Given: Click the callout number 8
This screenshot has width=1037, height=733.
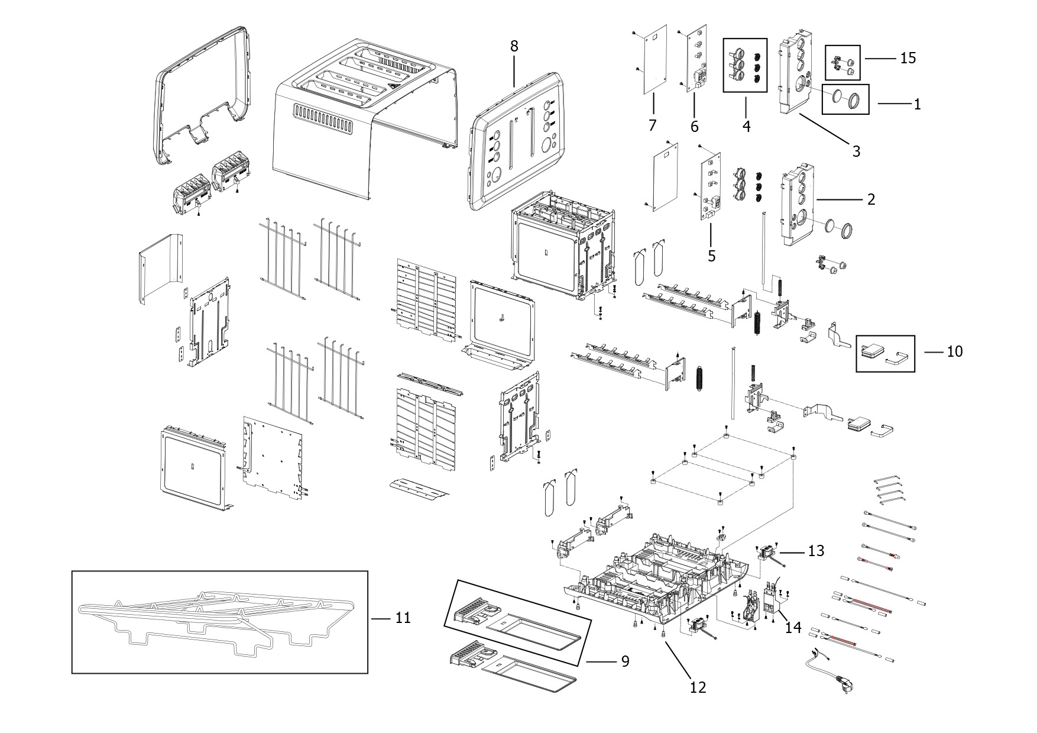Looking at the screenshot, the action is pyautogui.click(x=514, y=46).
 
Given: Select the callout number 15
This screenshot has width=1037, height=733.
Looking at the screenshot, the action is pyautogui.click(x=908, y=58).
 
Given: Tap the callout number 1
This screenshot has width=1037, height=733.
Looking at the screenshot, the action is pyautogui.click(x=917, y=105).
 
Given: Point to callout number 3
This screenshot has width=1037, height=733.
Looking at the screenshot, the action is pyautogui.click(x=856, y=151).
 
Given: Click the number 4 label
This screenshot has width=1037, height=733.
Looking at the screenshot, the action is pyautogui.click(x=746, y=126).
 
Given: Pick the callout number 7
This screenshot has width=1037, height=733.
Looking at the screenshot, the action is pyautogui.click(x=653, y=125).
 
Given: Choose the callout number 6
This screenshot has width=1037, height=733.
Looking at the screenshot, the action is pyautogui.click(x=694, y=127).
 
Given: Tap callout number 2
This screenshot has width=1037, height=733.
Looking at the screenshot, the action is pyautogui.click(x=871, y=199).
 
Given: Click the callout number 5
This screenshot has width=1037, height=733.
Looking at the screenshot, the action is pyautogui.click(x=711, y=256).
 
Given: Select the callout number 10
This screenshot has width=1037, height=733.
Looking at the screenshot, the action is pyautogui.click(x=955, y=351).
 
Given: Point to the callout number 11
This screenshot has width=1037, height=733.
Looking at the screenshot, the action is pyautogui.click(x=403, y=618).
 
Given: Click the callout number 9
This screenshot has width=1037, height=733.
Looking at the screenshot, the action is pyautogui.click(x=625, y=661).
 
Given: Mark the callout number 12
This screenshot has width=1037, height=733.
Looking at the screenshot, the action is pyautogui.click(x=698, y=687).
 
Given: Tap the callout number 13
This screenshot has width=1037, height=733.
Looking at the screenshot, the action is pyautogui.click(x=816, y=551).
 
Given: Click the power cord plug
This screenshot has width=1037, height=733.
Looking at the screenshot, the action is pyautogui.click(x=842, y=683).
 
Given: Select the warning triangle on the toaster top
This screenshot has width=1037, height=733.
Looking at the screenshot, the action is pyautogui.click(x=393, y=86).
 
